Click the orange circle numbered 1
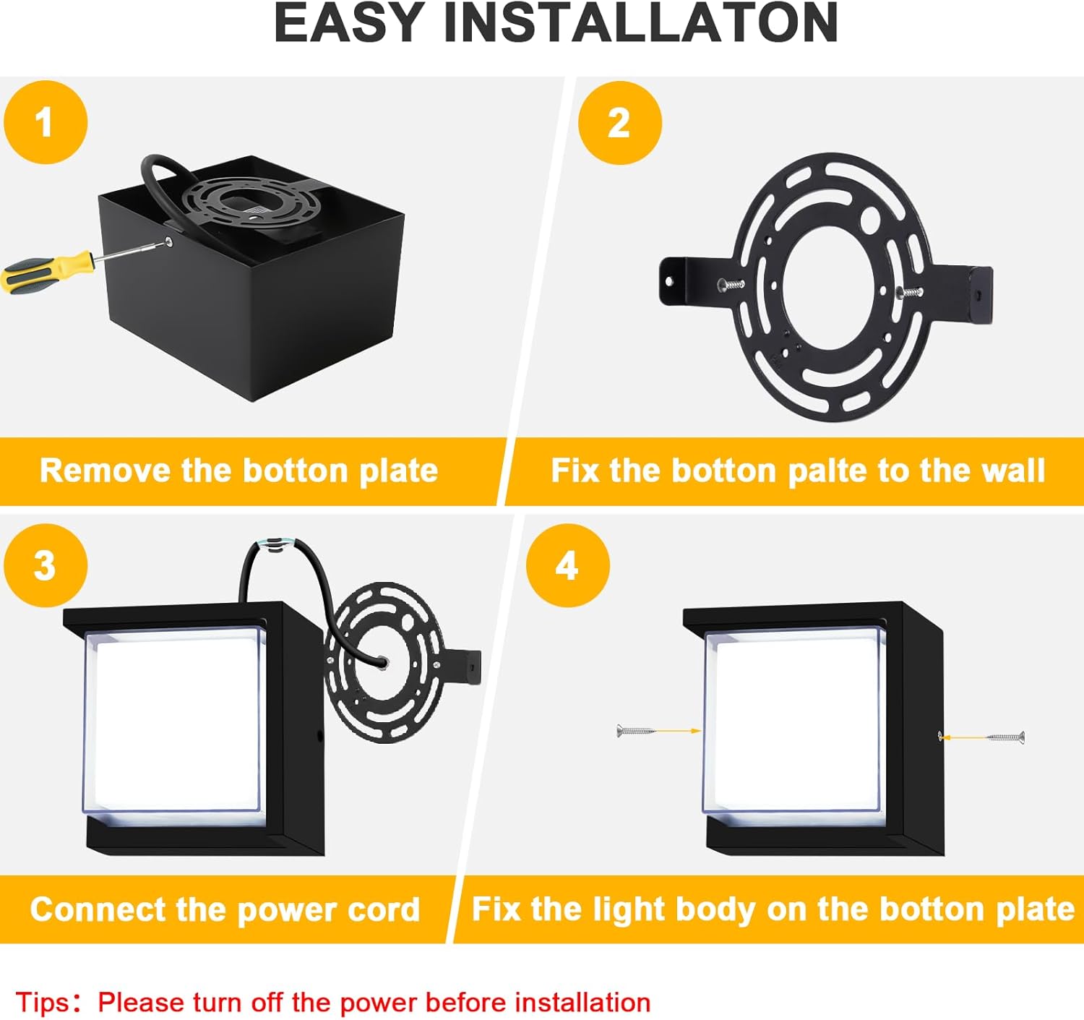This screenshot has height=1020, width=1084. (45, 122)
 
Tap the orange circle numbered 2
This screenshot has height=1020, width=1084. (619, 123)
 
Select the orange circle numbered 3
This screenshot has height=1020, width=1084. (45, 565)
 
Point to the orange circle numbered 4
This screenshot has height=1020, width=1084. (567, 565)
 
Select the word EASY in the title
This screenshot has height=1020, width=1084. (348, 24)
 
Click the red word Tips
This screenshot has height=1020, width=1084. (43, 1003)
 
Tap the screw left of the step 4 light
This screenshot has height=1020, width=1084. (635, 731)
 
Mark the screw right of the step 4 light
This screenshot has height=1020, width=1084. (1005, 737)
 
